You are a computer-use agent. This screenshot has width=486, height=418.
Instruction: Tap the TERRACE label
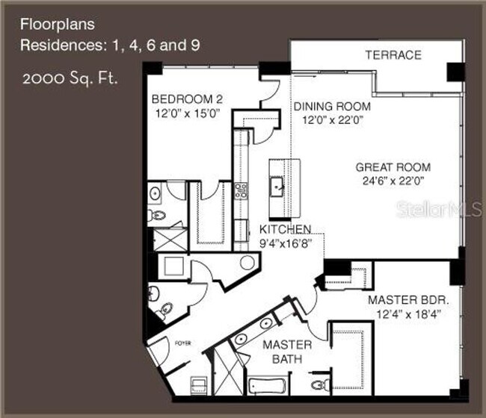393,55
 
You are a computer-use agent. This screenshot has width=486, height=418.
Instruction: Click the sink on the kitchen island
277,184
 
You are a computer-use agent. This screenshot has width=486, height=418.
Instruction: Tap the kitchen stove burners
242,191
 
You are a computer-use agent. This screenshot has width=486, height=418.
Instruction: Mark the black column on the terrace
454,70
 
